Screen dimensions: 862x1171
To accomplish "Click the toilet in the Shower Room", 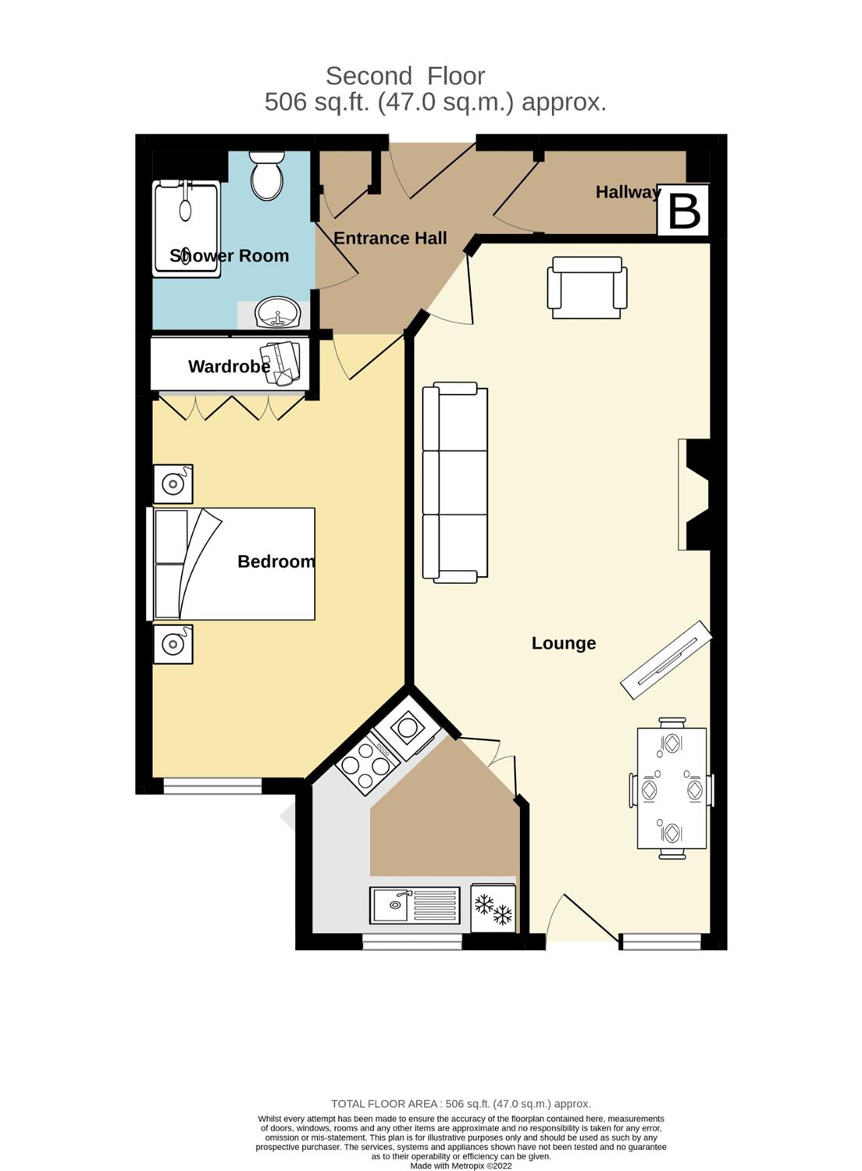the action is (267, 175).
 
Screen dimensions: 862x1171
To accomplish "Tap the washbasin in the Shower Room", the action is (278, 312).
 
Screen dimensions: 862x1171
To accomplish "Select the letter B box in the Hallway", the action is (684, 211).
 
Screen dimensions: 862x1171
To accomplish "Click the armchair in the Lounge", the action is (587, 287).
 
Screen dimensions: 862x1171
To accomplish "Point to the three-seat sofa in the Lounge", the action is (454, 482).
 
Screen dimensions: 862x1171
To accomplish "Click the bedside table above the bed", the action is (173, 484).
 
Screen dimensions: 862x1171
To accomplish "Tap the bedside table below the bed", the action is (173, 644).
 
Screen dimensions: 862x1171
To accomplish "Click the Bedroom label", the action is (276, 561).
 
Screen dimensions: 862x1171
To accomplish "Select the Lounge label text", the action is (564, 643).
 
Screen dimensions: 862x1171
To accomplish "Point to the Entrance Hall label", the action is (390, 238).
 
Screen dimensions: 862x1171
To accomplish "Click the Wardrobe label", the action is (229, 366).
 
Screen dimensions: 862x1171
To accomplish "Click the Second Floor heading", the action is (405, 77).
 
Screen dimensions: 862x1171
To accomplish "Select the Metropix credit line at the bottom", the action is (461, 1166).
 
